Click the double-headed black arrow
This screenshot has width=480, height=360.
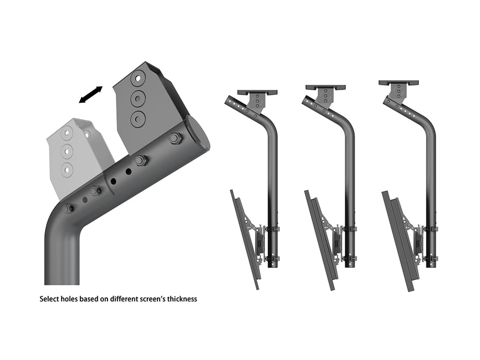click(x=91, y=95)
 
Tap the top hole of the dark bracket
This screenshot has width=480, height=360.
click(x=138, y=79)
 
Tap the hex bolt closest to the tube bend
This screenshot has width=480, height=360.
click(x=68, y=209)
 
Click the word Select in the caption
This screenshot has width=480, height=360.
click(x=49, y=299)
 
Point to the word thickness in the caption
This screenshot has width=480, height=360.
click(x=182, y=299)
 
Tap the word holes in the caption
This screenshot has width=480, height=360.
click(x=71, y=299)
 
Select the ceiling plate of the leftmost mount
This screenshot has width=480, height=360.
click(x=257, y=92)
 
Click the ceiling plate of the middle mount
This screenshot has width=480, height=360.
click(x=325, y=88)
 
